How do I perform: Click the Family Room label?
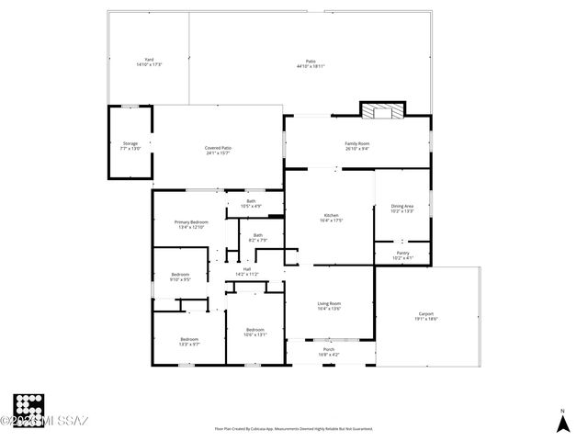(x=357, y=145)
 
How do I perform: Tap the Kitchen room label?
(x=330, y=218)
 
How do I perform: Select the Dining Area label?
(x=401, y=209)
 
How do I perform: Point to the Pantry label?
(x=401, y=255)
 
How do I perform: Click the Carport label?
(x=426, y=315)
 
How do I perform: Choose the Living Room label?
(x=329, y=306)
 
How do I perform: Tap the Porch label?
(x=329, y=352)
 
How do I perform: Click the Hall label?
(x=246, y=271)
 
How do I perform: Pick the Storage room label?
(x=130, y=145)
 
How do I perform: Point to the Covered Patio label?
(x=218, y=150)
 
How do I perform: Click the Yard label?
(x=148, y=62)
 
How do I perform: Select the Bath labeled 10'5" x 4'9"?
(x=251, y=203)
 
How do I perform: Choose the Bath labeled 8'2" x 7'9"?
(x=258, y=237)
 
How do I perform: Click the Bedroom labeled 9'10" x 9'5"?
(x=180, y=277)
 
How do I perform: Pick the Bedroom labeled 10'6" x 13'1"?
(x=254, y=332)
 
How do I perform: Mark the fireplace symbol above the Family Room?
(x=381, y=111)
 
